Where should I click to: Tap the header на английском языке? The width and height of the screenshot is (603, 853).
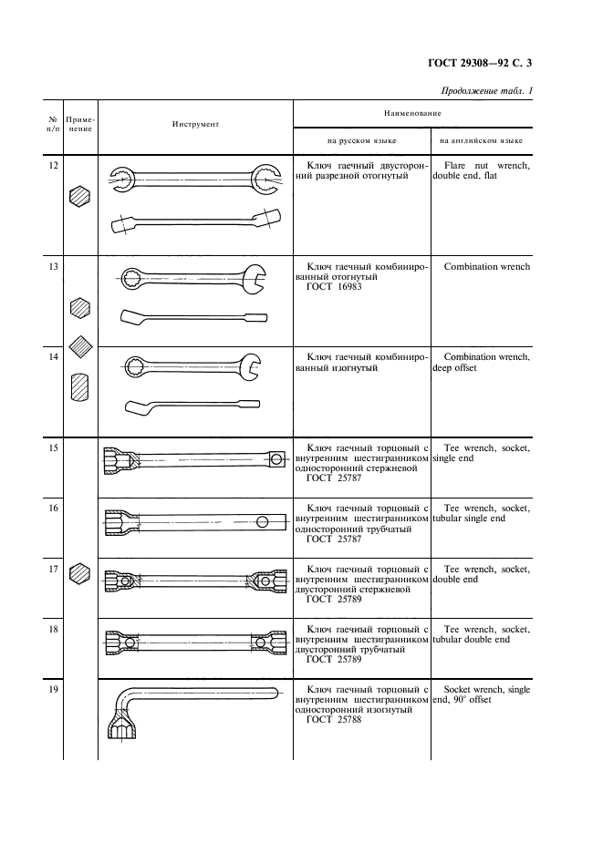pos(482,141)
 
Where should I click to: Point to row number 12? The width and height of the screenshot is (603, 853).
pos(53,165)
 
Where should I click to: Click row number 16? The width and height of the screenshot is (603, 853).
pos(53,507)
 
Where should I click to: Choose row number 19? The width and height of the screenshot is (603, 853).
pos(53,690)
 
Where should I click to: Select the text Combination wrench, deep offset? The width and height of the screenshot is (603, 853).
pos(482,363)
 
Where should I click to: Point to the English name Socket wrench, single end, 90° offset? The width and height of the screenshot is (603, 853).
pos(482,695)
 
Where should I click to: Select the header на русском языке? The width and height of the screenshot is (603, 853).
pos(362,141)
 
